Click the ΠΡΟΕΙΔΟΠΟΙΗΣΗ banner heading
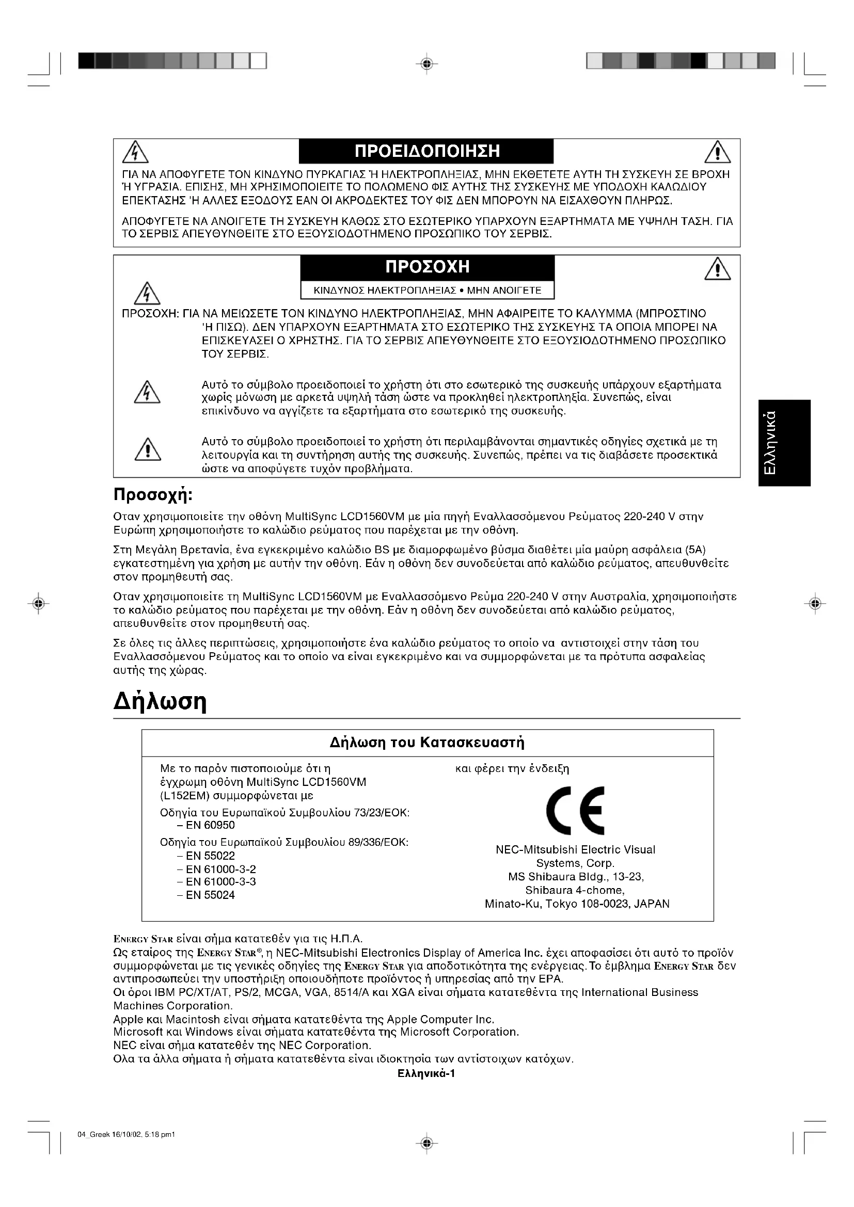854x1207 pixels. point(426,151)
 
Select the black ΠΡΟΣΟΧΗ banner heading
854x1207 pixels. point(427,267)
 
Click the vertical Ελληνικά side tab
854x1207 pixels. point(784,443)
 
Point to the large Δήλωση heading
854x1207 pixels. point(160,701)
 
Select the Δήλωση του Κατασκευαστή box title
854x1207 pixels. point(427,742)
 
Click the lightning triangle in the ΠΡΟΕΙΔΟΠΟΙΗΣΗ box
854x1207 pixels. point(135,153)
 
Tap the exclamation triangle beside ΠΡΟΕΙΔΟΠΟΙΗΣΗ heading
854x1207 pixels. point(717,153)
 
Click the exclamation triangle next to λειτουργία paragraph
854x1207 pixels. point(148,449)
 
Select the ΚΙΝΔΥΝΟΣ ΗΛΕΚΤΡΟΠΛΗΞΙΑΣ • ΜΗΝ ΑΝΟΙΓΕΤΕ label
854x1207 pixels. point(427,290)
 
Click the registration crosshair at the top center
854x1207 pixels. point(427,63)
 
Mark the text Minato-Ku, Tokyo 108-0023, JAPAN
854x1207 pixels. point(577,904)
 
